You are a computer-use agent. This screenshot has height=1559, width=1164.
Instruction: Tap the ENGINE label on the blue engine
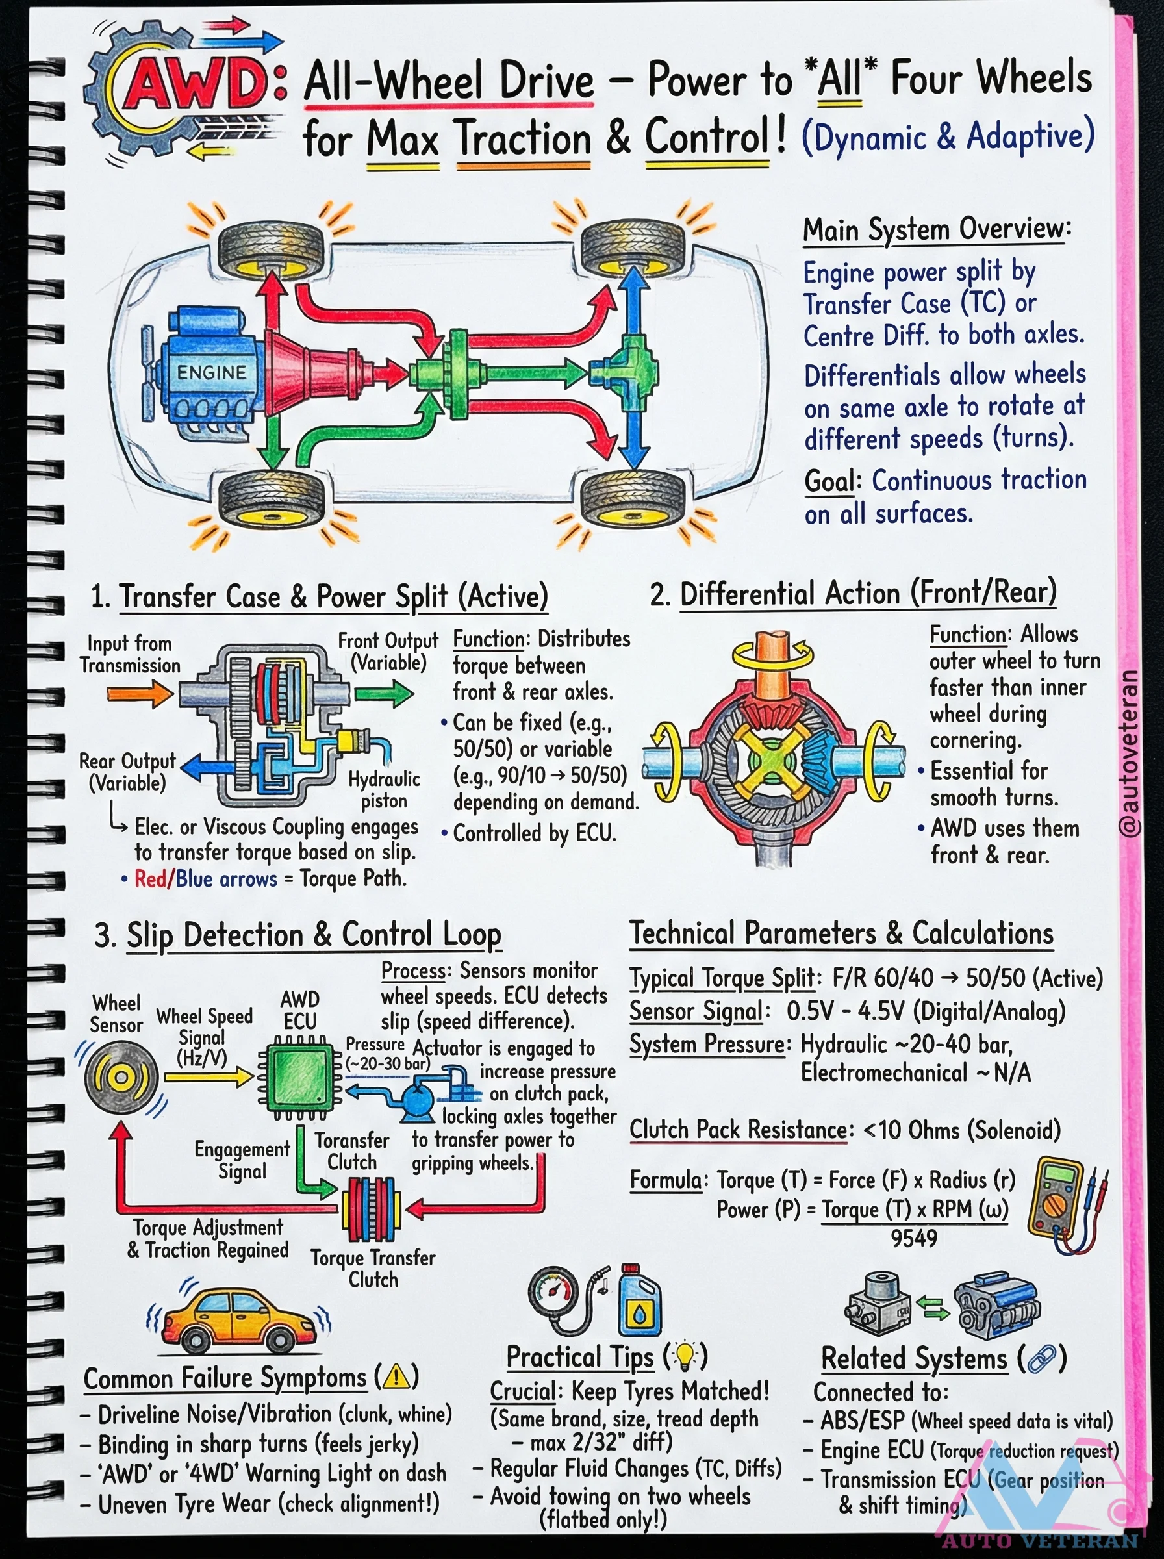pyautogui.click(x=210, y=373)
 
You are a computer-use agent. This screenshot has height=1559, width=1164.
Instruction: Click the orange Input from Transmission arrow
pyautogui.click(x=140, y=694)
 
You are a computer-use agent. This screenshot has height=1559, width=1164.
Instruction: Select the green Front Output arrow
pyautogui.click(x=383, y=694)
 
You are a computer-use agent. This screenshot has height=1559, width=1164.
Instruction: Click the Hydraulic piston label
pyautogui.click(x=384, y=790)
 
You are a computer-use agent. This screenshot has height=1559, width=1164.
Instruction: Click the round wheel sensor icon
pyautogui.click(x=120, y=1077)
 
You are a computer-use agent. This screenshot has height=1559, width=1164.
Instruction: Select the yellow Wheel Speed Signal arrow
pyautogui.click(x=208, y=1076)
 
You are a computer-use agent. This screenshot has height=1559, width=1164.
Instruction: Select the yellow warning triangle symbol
pyautogui.click(x=397, y=1376)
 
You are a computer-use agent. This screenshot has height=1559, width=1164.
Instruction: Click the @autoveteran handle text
pyautogui.click(x=1128, y=753)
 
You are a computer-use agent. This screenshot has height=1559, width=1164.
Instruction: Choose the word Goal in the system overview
pyautogui.click(x=829, y=481)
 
